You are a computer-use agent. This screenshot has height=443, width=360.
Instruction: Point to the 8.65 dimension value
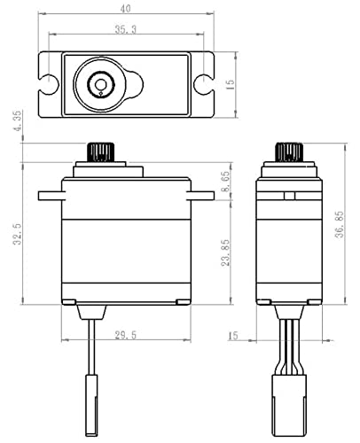[225, 182]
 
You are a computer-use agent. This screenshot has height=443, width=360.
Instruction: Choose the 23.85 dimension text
[225, 251]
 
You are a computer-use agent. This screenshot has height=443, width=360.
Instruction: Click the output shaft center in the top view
[102, 86]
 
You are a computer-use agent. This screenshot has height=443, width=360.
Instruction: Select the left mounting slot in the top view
[49, 85]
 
